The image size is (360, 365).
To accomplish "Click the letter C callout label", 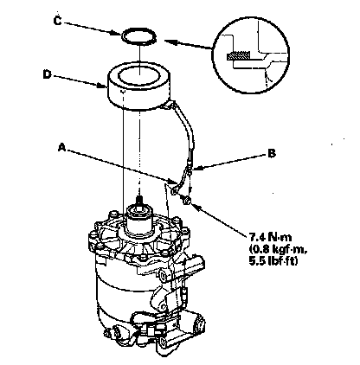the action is coord(58,21).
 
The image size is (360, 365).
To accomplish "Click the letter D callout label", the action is coord(47,74).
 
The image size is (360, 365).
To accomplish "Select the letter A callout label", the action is coord(61,148).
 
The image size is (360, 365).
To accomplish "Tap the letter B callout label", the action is coord(272,153).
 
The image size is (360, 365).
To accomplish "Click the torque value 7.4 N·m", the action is coord(270,237).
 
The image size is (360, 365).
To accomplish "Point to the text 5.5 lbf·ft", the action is coord(273,261).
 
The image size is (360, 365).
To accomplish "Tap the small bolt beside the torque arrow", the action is coord(187,200).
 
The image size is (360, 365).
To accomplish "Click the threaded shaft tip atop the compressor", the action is coord(139,199).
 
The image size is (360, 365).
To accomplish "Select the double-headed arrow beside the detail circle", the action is coord(189,45).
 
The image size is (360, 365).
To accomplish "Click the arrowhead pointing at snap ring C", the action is coord(117,33).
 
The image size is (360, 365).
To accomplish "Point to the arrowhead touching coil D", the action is coord(101,85).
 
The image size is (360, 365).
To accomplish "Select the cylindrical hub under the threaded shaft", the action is coord(139,217).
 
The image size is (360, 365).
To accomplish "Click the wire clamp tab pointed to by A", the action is coord(174,191).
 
